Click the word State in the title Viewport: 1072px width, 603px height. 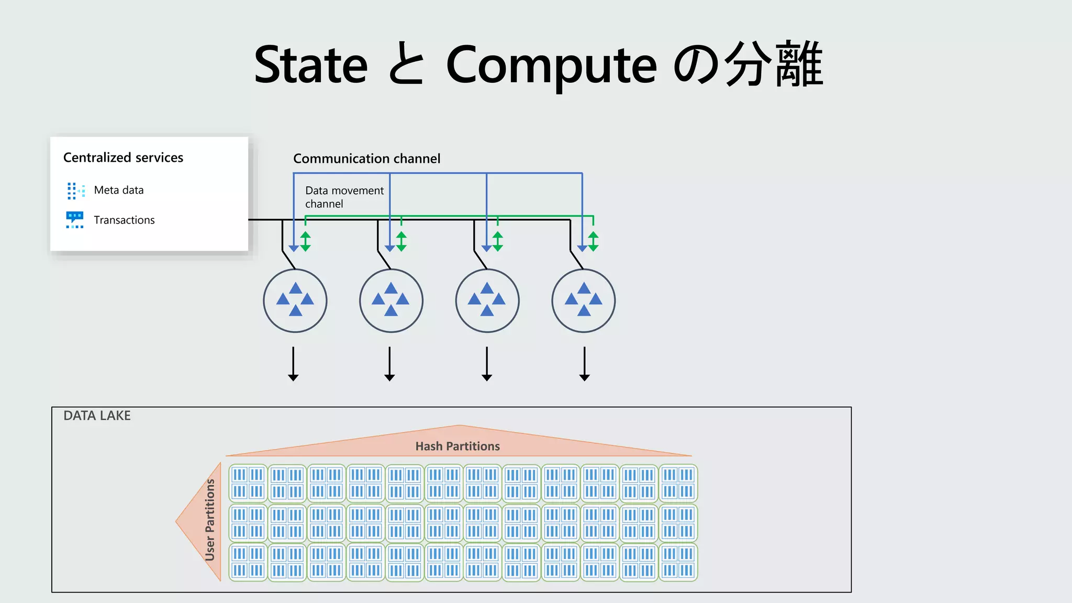point(311,65)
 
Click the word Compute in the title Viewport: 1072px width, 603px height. point(551,65)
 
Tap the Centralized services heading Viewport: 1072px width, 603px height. point(123,158)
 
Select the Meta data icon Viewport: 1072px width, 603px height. point(75,191)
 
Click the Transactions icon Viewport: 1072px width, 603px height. point(75,220)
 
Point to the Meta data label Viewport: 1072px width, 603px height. point(119,190)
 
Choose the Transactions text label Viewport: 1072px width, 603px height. point(124,220)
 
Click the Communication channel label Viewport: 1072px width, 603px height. point(366,159)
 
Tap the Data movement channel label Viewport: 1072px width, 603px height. point(344,197)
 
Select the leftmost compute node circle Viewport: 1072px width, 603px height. point(295,300)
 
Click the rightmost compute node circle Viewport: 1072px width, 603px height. point(584,300)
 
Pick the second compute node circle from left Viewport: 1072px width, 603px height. point(391,300)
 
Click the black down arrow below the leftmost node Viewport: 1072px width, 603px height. point(293,364)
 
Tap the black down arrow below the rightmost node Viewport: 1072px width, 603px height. point(585,364)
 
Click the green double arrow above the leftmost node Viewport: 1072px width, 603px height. point(306,241)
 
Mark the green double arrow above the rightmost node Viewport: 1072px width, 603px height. point(593,241)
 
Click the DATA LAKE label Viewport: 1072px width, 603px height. point(97,416)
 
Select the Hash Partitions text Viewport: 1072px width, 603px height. point(457,446)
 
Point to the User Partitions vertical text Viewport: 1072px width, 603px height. point(210,520)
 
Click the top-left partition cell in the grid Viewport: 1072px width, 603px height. point(248,483)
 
